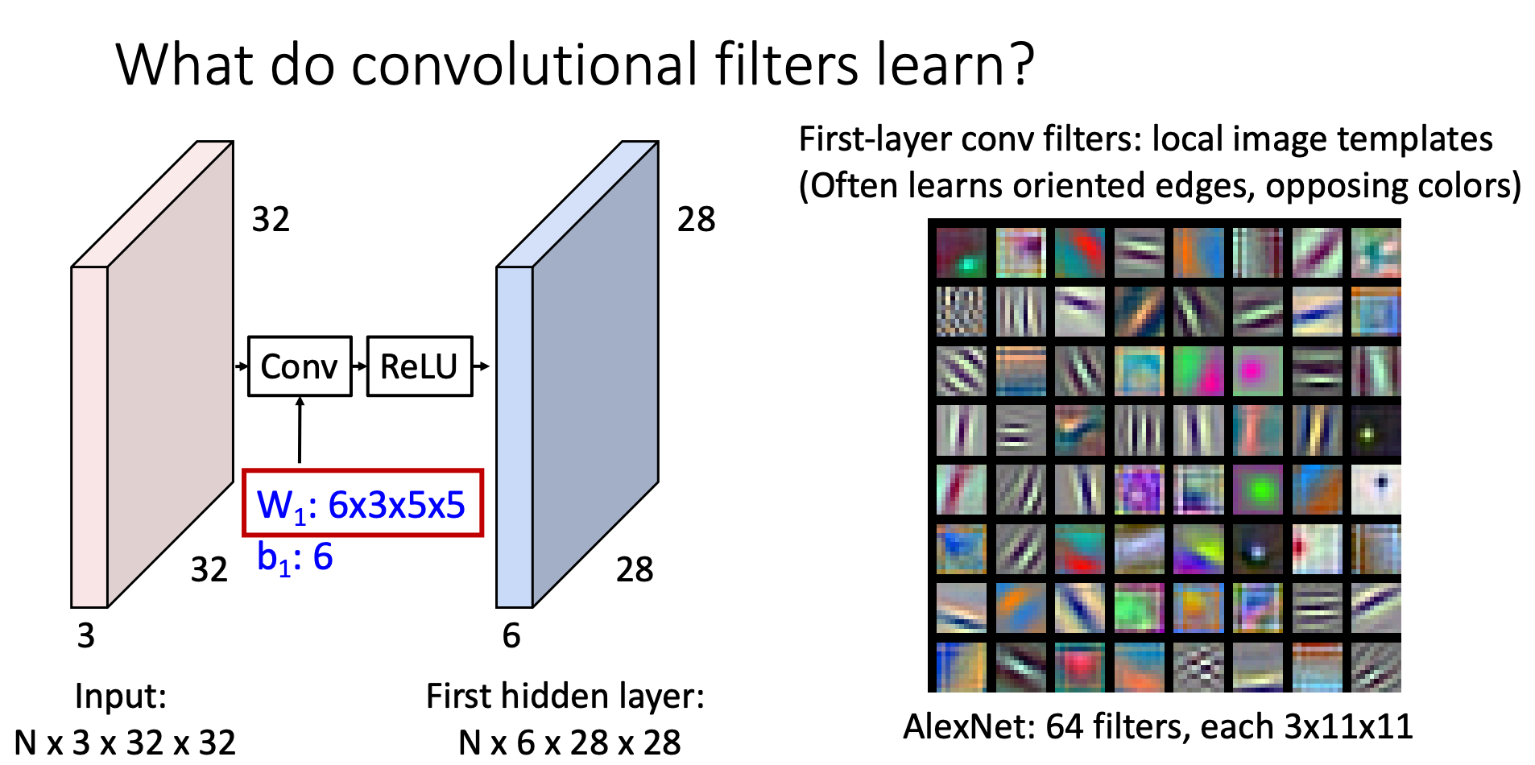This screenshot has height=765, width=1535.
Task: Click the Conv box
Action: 300,366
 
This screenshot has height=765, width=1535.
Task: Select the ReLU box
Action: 419,366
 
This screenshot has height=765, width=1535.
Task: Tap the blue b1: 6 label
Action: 295,557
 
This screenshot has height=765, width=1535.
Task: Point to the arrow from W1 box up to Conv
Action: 300,430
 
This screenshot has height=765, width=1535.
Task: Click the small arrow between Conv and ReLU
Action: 359,366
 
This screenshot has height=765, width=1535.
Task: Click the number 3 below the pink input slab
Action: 86,636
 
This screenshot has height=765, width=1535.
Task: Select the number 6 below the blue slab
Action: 511,636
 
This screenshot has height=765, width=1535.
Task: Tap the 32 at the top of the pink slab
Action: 271,219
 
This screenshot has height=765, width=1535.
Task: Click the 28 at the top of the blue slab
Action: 696,219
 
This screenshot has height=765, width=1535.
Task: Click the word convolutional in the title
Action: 524,64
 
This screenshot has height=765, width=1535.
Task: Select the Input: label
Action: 120,696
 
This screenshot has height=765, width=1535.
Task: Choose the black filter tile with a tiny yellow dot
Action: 1376,431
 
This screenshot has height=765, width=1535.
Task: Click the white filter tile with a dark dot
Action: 1376,490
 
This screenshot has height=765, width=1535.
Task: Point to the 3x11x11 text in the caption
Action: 1348,726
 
